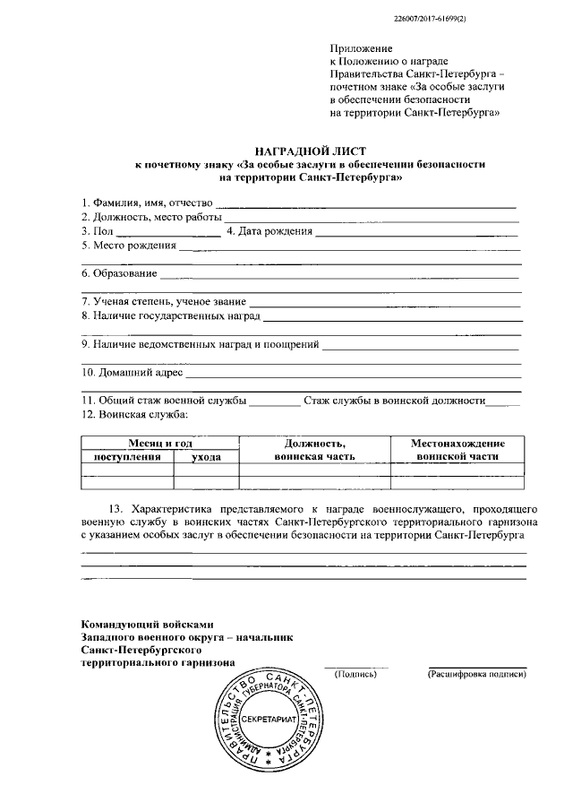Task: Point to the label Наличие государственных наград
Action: point(170,316)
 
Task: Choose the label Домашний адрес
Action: point(132,372)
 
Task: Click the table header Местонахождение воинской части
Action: point(458,450)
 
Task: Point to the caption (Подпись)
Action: point(355,673)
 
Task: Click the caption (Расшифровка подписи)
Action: point(475,673)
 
